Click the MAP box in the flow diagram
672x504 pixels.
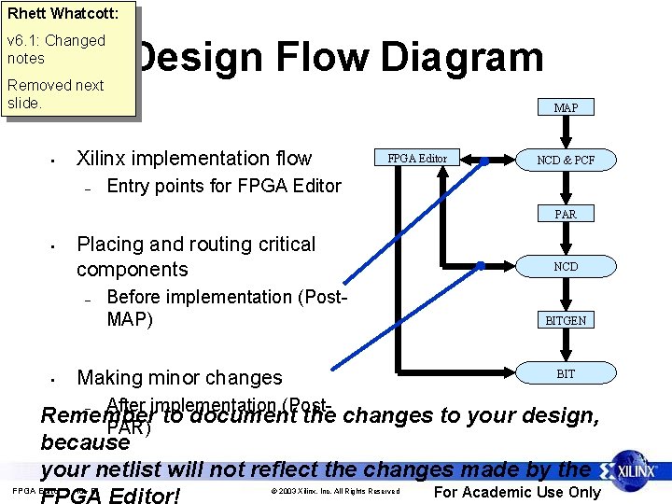(566, 108)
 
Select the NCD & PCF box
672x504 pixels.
(566, 161)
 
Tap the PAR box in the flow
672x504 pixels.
(566, 215)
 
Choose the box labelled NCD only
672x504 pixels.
(566, 267)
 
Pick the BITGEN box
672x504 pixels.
(566, 320)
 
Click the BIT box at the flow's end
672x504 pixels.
(566, 374)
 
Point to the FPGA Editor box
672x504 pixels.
(417, 159)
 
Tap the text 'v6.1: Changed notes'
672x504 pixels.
(55, 49)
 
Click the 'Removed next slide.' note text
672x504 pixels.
(55, 93)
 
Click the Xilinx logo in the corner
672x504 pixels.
(634, 469)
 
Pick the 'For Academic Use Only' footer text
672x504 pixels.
(517, 492)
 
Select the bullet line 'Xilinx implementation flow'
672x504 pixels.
(194, 159)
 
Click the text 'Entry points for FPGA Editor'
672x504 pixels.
(224, 186)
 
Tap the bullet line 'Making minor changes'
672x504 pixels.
(179, 378)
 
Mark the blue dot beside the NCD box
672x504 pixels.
(481, 266)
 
